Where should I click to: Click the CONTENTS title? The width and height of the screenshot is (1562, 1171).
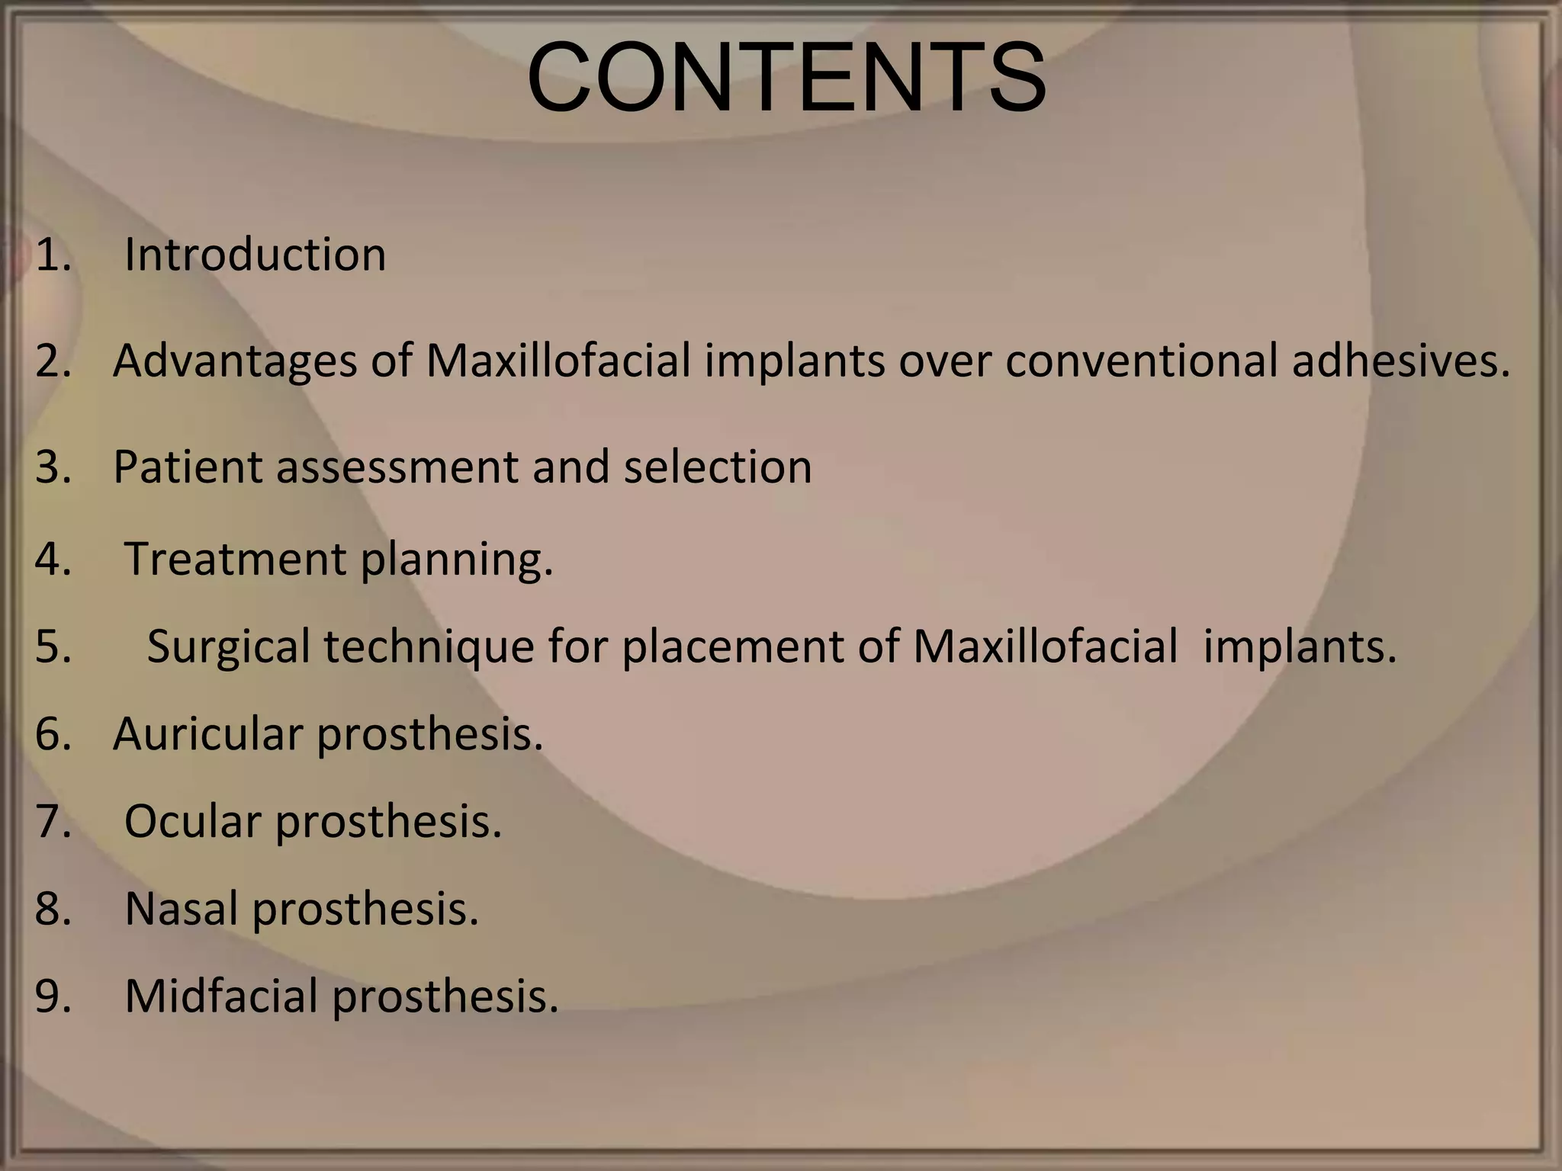click(x=786, y=78)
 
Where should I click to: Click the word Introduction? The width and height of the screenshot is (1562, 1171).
click(x=255, y=254)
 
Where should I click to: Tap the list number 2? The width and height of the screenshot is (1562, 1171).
click(x=52, y=361)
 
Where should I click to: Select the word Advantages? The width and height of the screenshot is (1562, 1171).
click(x=235, y=361)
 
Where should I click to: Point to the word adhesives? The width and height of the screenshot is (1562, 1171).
click(x=1400, y=361)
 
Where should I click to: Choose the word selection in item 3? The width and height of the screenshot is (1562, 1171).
click(x=718, y=467)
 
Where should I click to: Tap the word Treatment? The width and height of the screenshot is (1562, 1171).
click(x=235, y=559)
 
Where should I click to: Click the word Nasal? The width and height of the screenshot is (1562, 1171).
click(x=182, y=909)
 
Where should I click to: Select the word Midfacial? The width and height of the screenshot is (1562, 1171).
click(x=221, y=996)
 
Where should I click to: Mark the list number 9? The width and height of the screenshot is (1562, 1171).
click(x=52, y=996)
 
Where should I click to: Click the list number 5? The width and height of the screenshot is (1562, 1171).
click(x=52, y=647)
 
